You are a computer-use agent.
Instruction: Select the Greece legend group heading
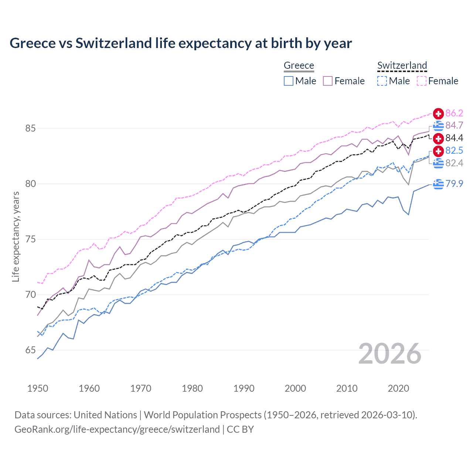(x=299, y=65)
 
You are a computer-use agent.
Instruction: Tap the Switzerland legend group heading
(x=402, y=65)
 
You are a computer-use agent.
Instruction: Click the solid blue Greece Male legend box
(x=289, y=81)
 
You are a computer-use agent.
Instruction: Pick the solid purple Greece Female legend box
(x=328, y=81)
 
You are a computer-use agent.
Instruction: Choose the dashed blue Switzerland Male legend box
(x=382, y=81)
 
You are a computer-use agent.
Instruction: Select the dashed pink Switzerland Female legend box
(x=422, y=81)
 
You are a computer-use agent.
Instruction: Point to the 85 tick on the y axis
(x=31, y=129)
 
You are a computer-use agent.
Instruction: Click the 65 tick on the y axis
(x=31, y=350)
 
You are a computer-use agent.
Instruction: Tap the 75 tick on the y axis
(x=31, y=239)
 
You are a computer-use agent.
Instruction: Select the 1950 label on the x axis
(x=38, y=388)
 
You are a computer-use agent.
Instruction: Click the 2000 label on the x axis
(x=295, y=388)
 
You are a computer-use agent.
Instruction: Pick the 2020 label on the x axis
(x=398, y=388)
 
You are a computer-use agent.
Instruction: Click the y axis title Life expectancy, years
(x=16, y=237)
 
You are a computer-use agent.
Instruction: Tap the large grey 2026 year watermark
(x=390, y=354)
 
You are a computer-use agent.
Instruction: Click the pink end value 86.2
(x=454, y=113)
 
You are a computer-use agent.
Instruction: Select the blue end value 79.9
(x=454, y=184)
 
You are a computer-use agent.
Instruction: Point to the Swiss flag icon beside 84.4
(x=438, y=138)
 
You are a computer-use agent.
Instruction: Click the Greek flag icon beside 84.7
(x=438, y=126)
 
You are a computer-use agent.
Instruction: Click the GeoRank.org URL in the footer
(x=117, y=429)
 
